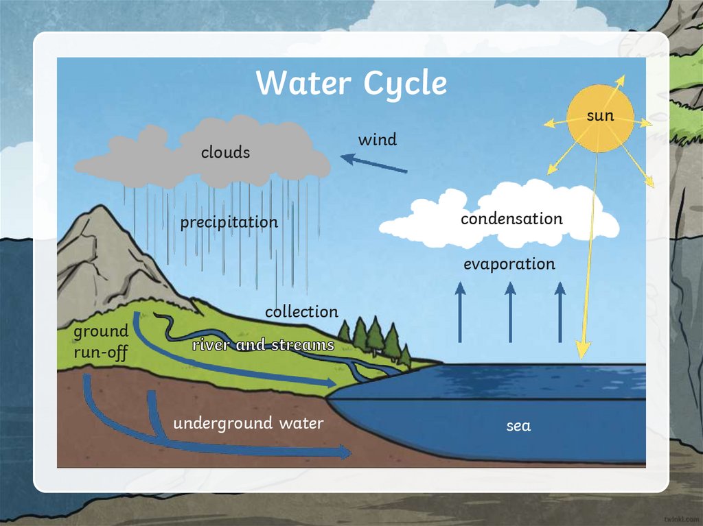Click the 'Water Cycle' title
(x=351, y=84)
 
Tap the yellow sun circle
(x=599, y=117)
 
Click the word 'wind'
(x=378, y=140)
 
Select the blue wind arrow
(x=374, y=163)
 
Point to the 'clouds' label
(x=225, y=152)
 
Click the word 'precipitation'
(x=229, y=222)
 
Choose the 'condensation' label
(x=511, y=219)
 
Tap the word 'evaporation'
(x=509, y=264)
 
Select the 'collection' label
(x=301, y=311)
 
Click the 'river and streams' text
(x=263, y=345)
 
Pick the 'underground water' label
(x=248, y=423)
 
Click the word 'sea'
(x=518, y=426)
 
